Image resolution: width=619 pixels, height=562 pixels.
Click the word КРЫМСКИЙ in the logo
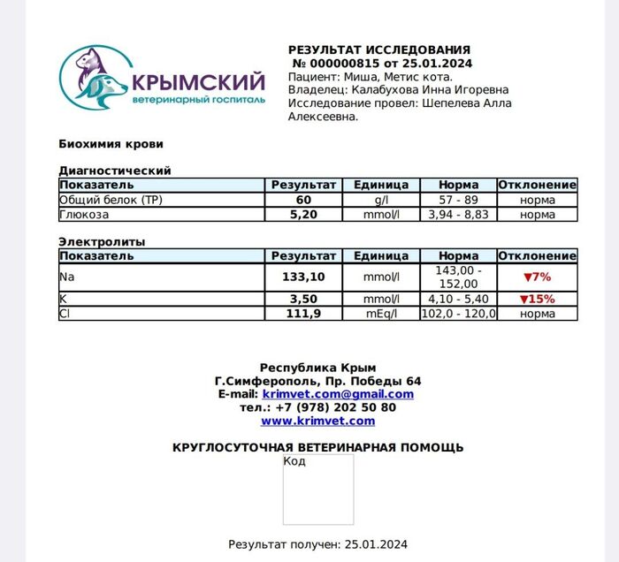click(197, 83)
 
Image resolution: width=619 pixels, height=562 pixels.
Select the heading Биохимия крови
click(111, 144)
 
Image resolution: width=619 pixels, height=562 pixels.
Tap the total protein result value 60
click(303, 201)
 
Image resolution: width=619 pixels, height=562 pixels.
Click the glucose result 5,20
click(303, 215)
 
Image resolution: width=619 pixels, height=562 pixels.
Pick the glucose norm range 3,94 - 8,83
click(458, 215)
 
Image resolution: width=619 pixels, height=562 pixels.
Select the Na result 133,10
click(303, 277)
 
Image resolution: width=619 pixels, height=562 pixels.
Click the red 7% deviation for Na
click(537, 277)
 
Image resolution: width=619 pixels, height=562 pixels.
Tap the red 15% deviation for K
click(537, 299)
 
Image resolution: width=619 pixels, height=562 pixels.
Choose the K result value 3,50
click(303, 299)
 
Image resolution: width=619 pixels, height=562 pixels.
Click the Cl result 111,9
click(303, 314)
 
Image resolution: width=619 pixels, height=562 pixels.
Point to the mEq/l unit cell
click(381, 314)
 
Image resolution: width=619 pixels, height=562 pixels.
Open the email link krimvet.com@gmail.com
click(338, 394)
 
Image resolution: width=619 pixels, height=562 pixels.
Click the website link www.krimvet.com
click(317, 421)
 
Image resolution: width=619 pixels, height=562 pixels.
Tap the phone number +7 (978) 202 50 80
click(335, 407)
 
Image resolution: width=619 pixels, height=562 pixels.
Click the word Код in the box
click(294, 461)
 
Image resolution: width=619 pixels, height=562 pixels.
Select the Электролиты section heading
click(102, 241)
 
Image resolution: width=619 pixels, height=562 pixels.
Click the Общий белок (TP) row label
click(111, 201)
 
